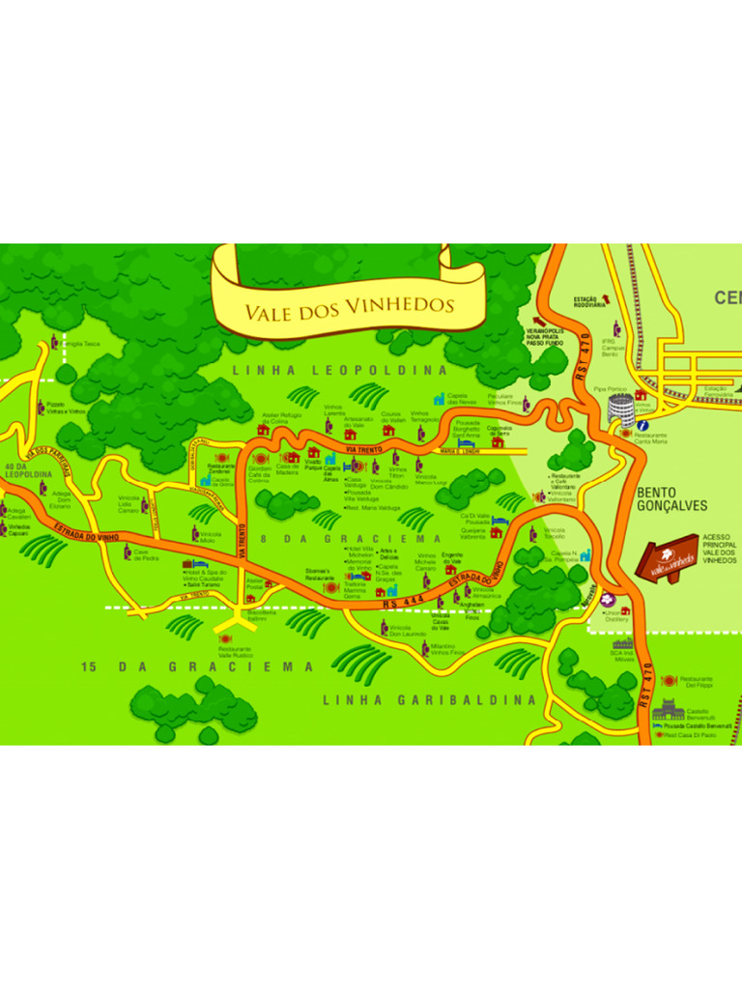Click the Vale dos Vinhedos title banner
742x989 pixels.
click(348, 307)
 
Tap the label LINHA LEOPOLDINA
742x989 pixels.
click(341, 370)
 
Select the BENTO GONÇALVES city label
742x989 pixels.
click(672, 499)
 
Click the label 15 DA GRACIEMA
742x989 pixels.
click(197, 666)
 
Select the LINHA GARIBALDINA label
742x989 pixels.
click(430, 699)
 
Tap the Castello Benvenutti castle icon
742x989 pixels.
click(668, 714)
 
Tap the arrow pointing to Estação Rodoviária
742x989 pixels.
click(607, 297)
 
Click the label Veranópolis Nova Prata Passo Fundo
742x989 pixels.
click(544, 336)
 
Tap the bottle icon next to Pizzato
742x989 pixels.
click(41, 408)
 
